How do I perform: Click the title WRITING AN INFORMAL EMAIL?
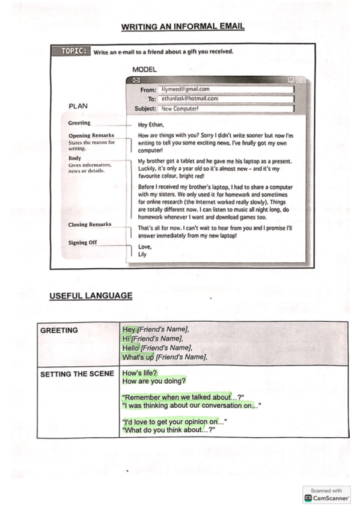[183, 26]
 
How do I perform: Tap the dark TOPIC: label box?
[75, 51]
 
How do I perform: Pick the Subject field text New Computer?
[180, 109]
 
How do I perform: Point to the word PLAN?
[78, 106]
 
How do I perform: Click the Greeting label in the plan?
[79, 123]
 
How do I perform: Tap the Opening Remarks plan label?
[91, 135]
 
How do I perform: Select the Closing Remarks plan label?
[90, 224]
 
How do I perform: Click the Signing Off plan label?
[83, 242]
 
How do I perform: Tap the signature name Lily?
[142, 254]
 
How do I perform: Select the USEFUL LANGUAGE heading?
[91, 295]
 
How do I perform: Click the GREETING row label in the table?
[59, 330]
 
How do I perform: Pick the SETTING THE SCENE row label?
[77, 374]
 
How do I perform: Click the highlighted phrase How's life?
[139, 373]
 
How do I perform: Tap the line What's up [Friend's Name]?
[165, 357]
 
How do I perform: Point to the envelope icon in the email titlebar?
[136, 80]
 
